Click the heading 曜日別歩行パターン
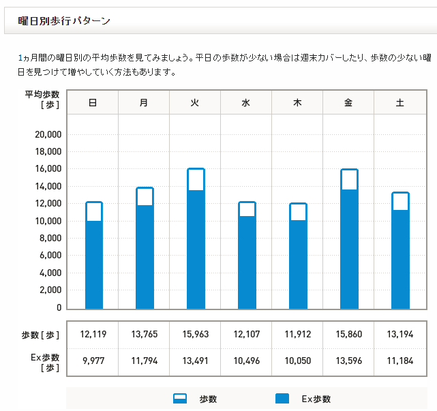tap(64, 21)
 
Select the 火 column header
tap(195, 103)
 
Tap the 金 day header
tap(348, 103)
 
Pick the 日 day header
tap(93, 103)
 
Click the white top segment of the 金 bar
tap(349, 179)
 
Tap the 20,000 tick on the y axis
tap(48, 134)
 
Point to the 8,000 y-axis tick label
tap(50, 239)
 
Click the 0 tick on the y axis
tap(59, 308)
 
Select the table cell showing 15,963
tap(195, 335)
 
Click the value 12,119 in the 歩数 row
tap(93, 335)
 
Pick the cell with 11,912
tap(297, 335)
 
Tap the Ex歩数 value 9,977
tap(93, 361)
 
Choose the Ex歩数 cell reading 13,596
tap(348, 361)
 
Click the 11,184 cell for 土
tap(400, 361)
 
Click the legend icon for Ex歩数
tap(282, 399)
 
